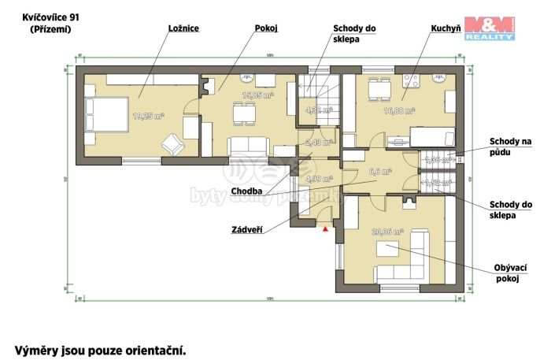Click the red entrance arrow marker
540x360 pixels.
[x=324, y=229]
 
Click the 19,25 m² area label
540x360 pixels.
[x=148, y=116]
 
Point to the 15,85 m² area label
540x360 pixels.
[x=257, y=95]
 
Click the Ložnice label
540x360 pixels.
[x=183, y=28]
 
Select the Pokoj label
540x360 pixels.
[x=267, y=28]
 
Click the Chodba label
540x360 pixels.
[x=246, y=191]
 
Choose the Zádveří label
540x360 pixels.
[x=247, y=230]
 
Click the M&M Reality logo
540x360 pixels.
[x=488, y=27]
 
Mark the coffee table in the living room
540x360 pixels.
[x=387, y=249]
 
